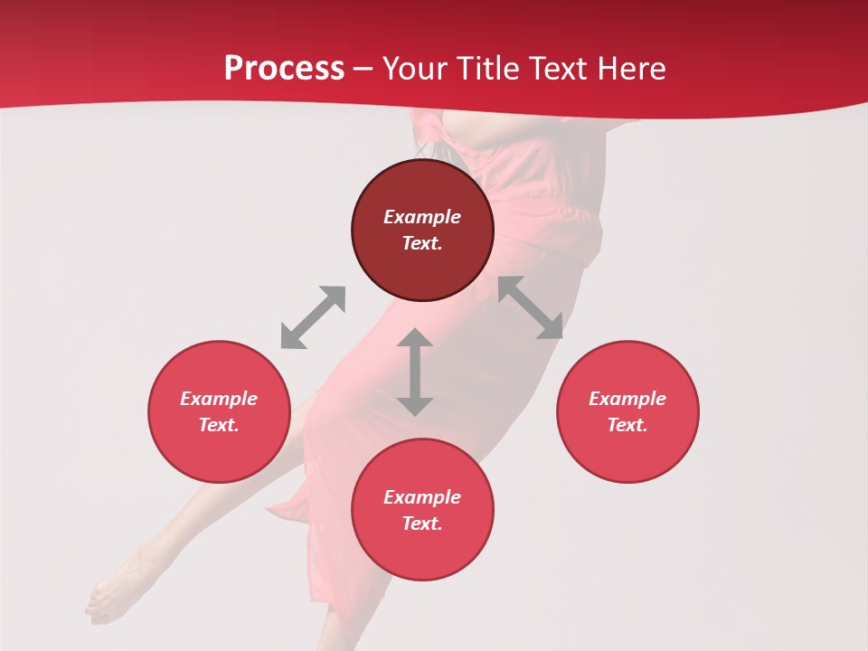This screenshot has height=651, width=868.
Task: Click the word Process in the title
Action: coord(284,68)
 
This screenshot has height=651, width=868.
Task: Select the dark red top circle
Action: coord(422,230)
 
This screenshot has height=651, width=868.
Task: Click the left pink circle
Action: coord(219,411)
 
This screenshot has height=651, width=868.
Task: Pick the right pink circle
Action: coord(627,411)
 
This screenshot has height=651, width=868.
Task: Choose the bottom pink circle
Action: coord(422,510)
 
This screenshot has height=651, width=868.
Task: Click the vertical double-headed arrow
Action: coord(415,373)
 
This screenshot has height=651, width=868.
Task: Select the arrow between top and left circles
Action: coord(313,317)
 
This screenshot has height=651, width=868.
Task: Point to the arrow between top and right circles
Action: coord(531,308)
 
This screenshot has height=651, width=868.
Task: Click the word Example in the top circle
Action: coord(422,217)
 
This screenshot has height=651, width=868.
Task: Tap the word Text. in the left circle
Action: coord(219,425)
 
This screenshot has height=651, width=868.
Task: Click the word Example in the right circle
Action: coord(627,399)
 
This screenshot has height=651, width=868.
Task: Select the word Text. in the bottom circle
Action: coord(422,524)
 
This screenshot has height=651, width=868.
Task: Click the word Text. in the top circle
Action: coord(422,243)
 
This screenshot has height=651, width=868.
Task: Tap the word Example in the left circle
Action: coord(219,399)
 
